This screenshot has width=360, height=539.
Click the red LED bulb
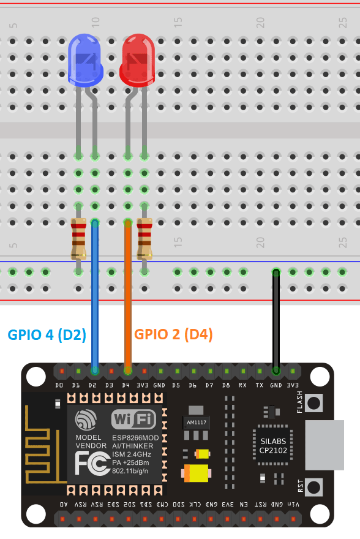click(138, 59)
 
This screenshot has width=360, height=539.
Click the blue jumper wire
click(95, 294)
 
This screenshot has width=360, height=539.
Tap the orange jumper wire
click(128, 294)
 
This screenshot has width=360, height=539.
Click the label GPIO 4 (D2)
click(47, 334)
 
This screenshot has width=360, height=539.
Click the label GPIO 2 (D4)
click(173, 334)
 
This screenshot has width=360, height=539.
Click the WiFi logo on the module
click(134, 420)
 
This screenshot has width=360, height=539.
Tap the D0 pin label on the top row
click(59, 386)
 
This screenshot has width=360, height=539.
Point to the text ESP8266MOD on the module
click(135, 438)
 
